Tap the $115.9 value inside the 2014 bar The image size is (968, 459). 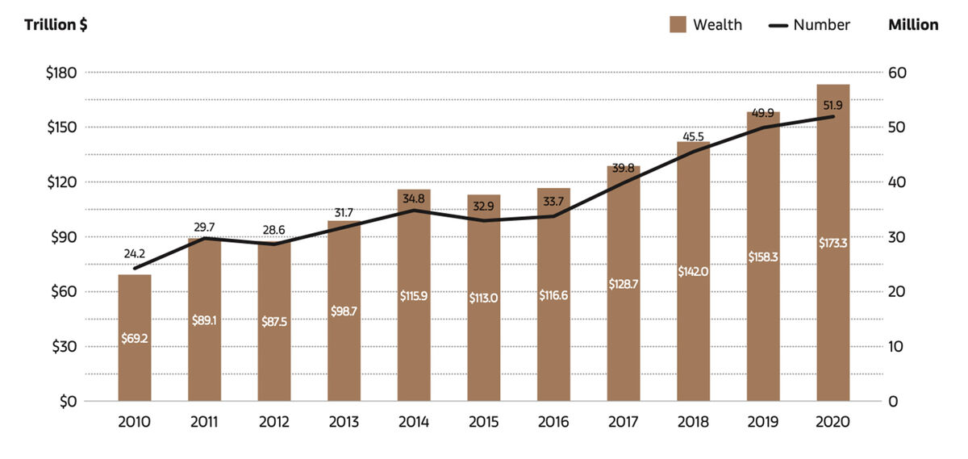[414, 296]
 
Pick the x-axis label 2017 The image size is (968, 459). [623, 422]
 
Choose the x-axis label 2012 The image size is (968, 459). [273, 422]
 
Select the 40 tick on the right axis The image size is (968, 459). [896, 182]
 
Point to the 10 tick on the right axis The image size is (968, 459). [896, 347]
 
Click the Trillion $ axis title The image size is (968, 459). [56, 25]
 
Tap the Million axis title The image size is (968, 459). [913, 25]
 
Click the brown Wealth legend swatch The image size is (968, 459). [678, 25]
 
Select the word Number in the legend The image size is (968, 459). [821, 25]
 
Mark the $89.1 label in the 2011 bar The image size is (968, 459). [204, 320]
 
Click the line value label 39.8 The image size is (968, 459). [623, 167]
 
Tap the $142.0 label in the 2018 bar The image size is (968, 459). [693, 272]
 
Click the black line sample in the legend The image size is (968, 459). [778, 25]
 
